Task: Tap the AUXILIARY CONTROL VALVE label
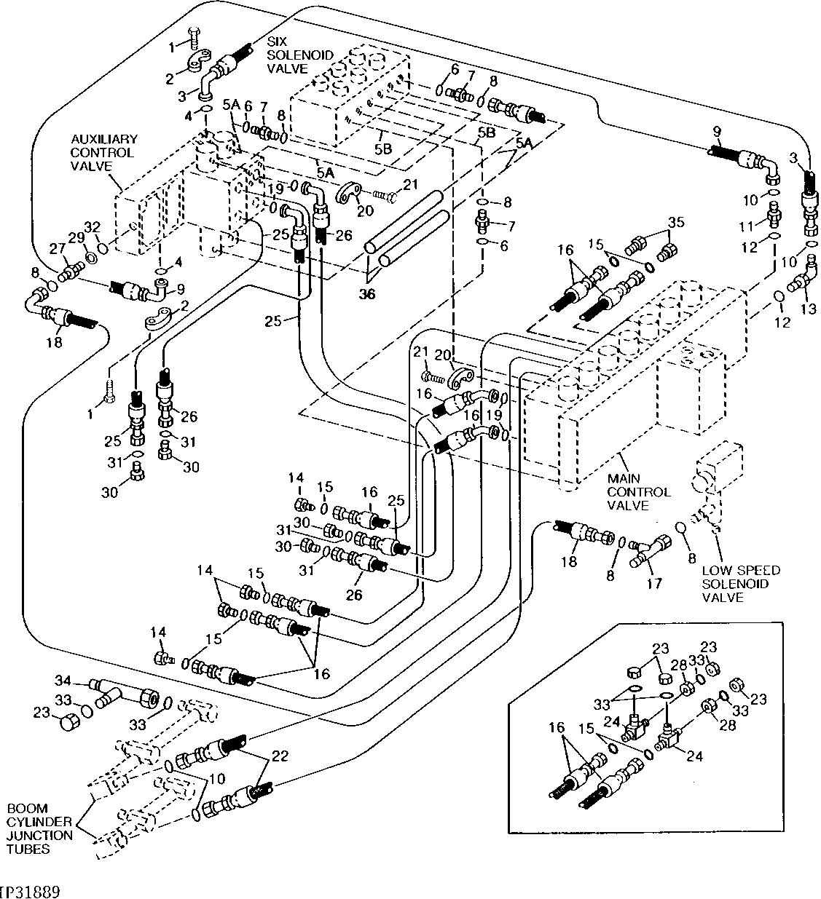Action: pyautogui.click(x=103, y=152)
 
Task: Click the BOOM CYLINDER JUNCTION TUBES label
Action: pyautogui.click(x=39, y=829)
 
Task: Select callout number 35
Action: pyautogui.click(x=676, y=222)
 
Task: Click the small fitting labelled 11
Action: pyautogui.click(x=774, y=216)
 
